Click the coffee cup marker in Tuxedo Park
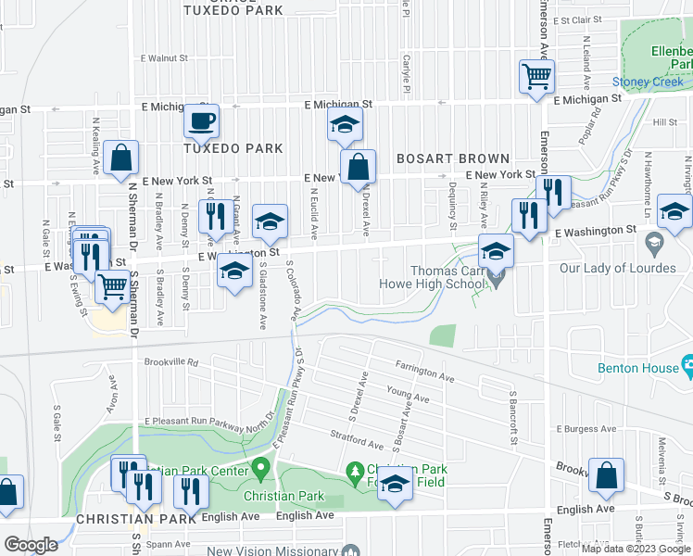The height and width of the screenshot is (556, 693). click(x=201, y=121)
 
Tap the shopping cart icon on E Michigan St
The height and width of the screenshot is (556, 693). click(x=536, y=78)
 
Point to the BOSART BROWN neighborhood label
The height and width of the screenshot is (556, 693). click(x=453, y=159)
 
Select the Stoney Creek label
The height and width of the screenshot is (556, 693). click(x=648, y=82)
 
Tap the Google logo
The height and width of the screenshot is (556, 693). click(x=31, y=545)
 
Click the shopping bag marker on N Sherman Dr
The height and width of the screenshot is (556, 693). click(x=120, y=158)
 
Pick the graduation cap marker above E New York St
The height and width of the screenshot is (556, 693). click(x=345, y=125)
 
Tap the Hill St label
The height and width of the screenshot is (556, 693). click(x=665, y=122)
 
